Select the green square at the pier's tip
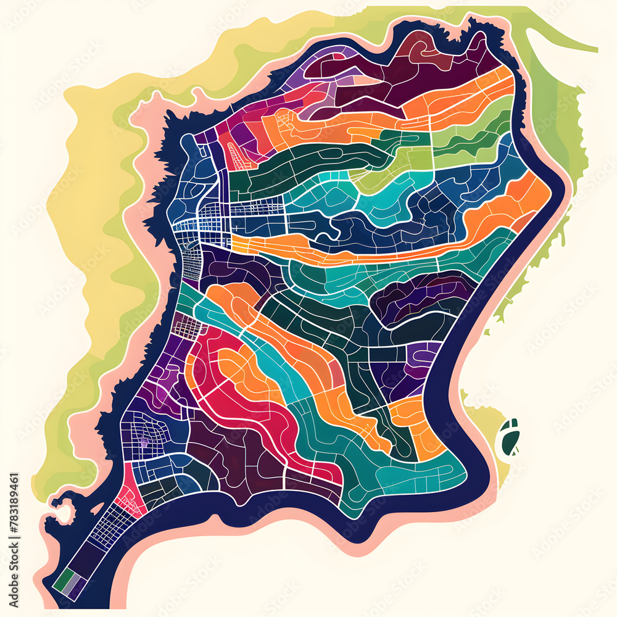[x=62, y=580]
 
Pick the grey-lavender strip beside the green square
[x=72, y=585]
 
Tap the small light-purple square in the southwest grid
[x=144, y=442]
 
